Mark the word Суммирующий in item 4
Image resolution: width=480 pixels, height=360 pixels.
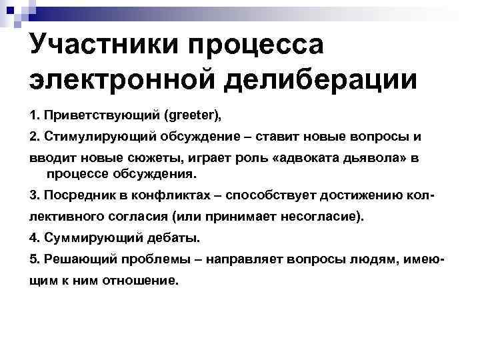click(81, 238)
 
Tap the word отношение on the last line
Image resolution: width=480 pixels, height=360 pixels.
click(140, 280)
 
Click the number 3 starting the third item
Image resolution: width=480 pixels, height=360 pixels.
click(33, 196)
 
